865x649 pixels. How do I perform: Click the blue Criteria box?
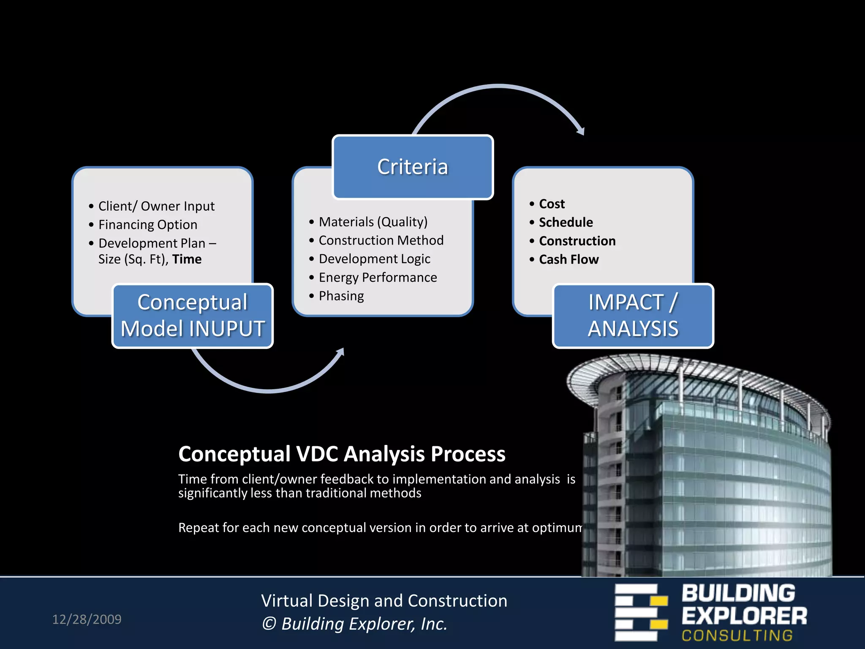[413, 167]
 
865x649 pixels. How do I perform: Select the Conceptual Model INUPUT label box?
[193, 316]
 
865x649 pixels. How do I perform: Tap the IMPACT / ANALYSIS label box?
[633, 316]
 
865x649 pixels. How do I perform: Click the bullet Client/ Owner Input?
[156, 206]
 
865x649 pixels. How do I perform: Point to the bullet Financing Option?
[147, 225]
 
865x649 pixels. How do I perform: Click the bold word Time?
[187, 259]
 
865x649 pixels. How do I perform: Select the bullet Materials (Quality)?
[373, 222]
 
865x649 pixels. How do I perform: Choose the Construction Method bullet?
[381, 240]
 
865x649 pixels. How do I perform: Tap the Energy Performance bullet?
[378, 278]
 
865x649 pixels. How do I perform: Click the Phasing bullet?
[341, 296]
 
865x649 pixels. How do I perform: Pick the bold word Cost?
[552, 204]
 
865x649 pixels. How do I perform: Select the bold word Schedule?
[566, 222]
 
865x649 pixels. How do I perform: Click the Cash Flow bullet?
[569, 259]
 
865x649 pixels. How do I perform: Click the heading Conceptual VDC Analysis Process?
[342, 454]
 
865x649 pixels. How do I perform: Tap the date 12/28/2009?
[87, 619]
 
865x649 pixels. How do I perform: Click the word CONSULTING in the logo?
[737, 635]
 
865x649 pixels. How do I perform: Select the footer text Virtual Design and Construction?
[384, 601]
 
